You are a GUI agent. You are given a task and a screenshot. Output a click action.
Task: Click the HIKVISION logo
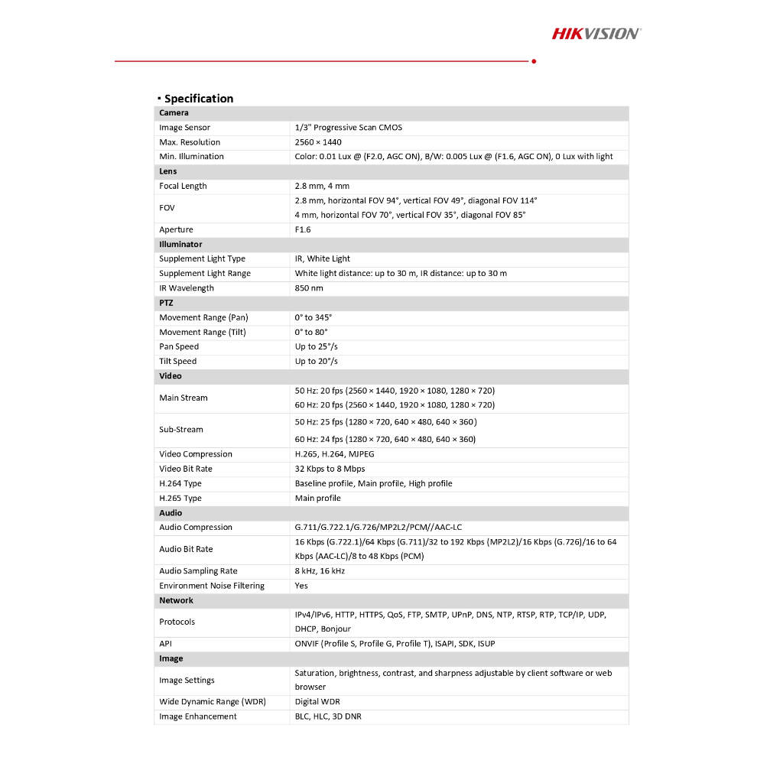tap(596, 33)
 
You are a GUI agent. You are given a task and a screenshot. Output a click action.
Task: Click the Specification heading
tap(198, 99)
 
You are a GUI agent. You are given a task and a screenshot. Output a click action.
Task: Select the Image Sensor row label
tap(184, 128)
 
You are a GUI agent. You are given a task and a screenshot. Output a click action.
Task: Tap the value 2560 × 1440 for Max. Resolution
tap(318, 142)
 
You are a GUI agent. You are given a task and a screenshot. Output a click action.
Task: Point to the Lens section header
tap(168, 171)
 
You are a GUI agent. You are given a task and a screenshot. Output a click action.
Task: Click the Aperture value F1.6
tap(303, 229)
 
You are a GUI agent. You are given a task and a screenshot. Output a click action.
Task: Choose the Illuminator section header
tap(180, 245)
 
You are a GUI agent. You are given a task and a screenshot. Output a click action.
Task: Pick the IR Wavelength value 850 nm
tap(309, 288)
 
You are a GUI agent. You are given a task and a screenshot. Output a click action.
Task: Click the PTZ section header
tap(166, 303)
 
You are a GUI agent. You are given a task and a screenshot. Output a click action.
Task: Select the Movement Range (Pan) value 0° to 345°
tap(314, 317)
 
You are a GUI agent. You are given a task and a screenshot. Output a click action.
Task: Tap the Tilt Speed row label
tap(177, 362)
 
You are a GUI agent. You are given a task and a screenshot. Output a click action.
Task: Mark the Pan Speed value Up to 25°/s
tap(316, 346)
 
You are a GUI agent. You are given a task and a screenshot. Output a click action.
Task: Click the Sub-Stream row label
tap(181, 430)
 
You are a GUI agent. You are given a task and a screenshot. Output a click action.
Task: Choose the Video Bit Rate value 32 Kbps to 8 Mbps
tap(330, 469)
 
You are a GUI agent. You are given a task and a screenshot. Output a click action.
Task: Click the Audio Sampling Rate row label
tap(198, 571)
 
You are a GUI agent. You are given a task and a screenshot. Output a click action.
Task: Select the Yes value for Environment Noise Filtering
tap(301, 586)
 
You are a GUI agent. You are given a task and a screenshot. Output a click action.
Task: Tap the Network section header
tap(176, 600)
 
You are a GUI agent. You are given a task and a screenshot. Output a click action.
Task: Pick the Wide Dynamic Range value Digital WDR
tap(317, 702)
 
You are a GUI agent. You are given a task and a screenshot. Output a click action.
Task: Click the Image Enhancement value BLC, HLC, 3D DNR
tap(328, 716)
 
